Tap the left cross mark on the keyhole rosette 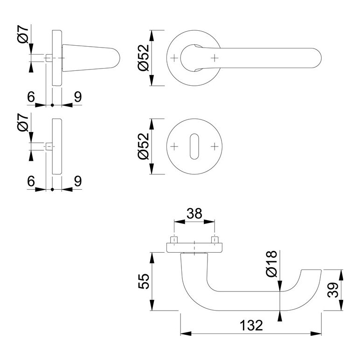pyautogui.click(x=174, y=146)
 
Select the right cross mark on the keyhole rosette pyautogui.click(x=215, y=146)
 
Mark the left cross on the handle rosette pyautogui.click(x=174, y=58)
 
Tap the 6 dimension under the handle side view pyautogui.click(x=31, y=97)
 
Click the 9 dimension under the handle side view pyautogui.click(x=77, y=97)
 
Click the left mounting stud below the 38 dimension pyautogui.click(x=174, y=240)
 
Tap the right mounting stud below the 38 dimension pyautogui.click(x=215, y=240)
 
